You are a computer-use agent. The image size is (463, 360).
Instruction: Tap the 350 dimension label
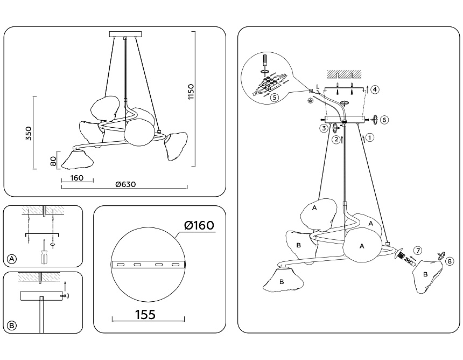[x=29, y=134]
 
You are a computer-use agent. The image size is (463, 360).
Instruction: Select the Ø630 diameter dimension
[x=125, y=184]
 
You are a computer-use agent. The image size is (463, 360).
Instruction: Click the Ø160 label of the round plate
[x=199, y=225]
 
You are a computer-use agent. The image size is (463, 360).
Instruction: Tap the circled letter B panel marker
[x=12, y=326]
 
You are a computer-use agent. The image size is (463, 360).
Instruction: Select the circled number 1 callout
[x=370, y=137]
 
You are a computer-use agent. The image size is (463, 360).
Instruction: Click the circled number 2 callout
[x=336, y=140]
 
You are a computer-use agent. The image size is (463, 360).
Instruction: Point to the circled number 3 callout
[x=323, y=128]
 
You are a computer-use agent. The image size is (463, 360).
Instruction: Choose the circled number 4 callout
[x=375, y=89]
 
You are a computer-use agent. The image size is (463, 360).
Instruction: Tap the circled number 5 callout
[x=274, y=98]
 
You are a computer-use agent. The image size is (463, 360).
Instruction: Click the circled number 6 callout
[x=384, y=119]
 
